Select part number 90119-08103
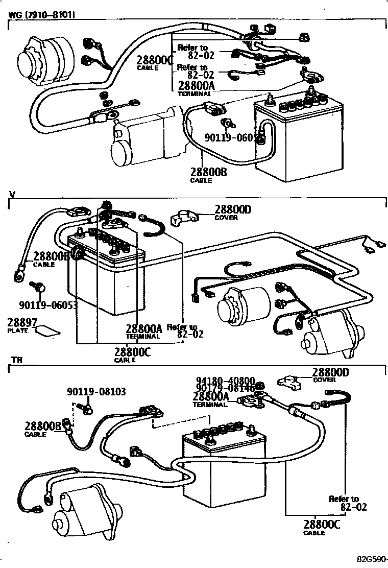tap(96, 392)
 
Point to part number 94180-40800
tap(225, 381)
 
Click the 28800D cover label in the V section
tap(233, 209)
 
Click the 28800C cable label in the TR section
tap(322, 525)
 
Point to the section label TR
tap(17, 360)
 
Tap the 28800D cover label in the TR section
tap(330, 373)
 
